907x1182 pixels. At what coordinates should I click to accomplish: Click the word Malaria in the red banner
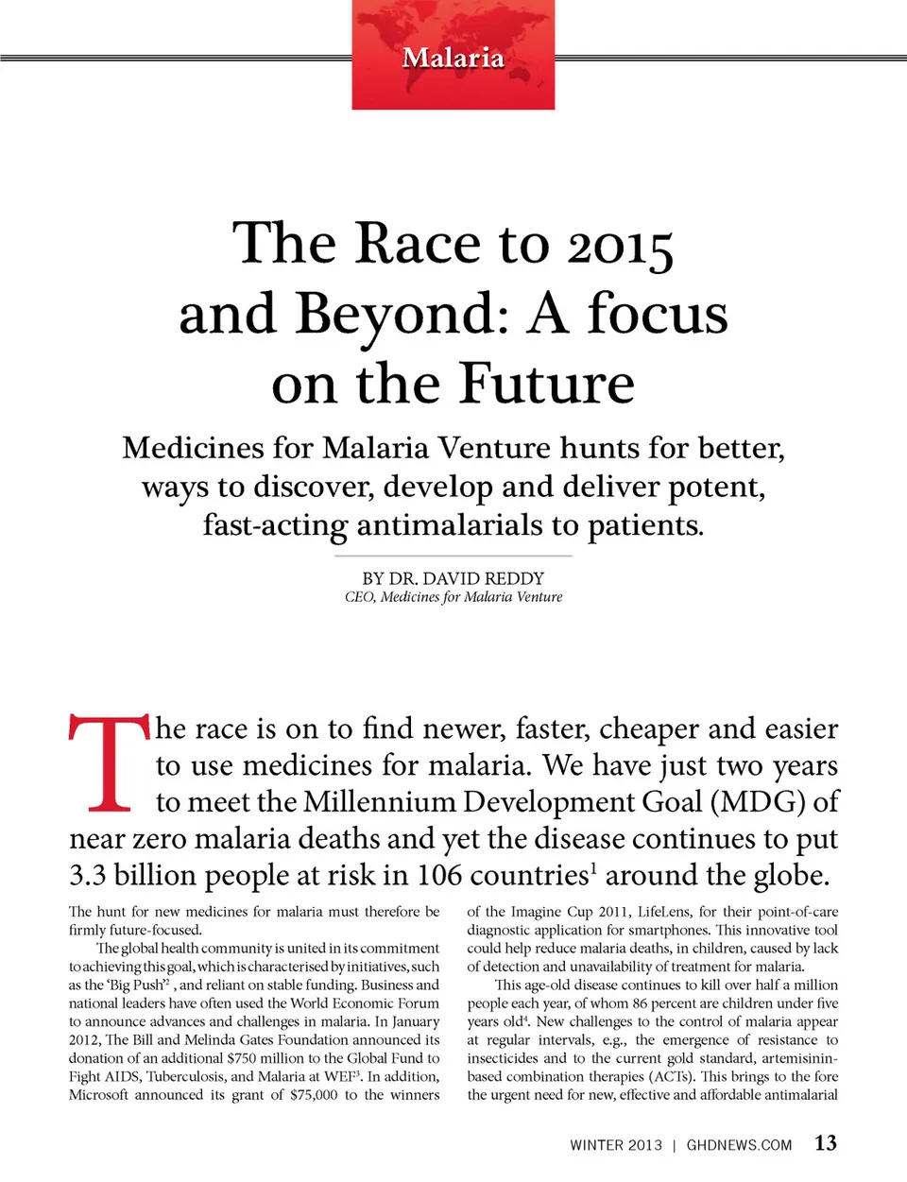[x=453, y=59]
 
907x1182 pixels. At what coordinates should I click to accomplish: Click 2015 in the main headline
[x=620, y=246]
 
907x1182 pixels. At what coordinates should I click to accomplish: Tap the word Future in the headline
[x=547, y=385]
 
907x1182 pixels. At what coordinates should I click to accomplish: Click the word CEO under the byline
[x=358, y=597]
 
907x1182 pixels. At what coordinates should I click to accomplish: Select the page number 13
[x=826, y=1143]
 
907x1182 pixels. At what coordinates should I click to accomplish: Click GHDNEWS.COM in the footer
[x=739, y=1145]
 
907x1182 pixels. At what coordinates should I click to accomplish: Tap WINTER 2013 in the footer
[x=616, y=1145]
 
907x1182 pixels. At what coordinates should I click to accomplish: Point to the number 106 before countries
[x=439, y=876]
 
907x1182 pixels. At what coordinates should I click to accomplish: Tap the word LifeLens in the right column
[x=667, y=912]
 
